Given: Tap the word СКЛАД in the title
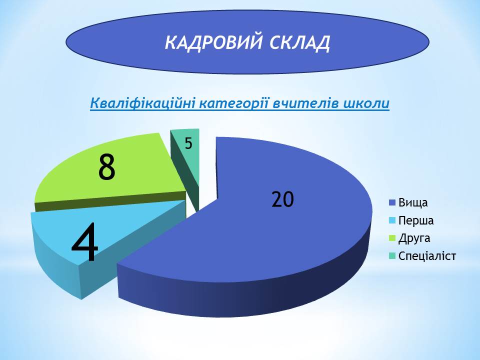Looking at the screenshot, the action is pos(299,43).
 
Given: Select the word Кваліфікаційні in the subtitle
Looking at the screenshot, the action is pos(143,103).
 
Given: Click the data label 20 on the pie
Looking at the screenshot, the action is pos(282,199).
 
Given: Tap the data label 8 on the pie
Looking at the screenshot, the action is pos(107,167).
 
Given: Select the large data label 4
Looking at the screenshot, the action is pos(85,242).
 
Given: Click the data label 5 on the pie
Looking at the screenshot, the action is pos(188,143).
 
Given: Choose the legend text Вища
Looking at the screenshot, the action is pos(413,202).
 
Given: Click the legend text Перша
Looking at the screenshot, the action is pos(416,220).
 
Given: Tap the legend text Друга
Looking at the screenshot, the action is pos(414,238).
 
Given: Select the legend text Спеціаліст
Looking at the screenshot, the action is pos(427,256).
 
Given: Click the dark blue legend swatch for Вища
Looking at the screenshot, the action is pos(392,202).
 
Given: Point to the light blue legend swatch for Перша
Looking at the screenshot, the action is pos(392,220).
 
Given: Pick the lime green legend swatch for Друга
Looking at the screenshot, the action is pos(392,238).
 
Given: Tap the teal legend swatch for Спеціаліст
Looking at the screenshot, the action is pos(392,256).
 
